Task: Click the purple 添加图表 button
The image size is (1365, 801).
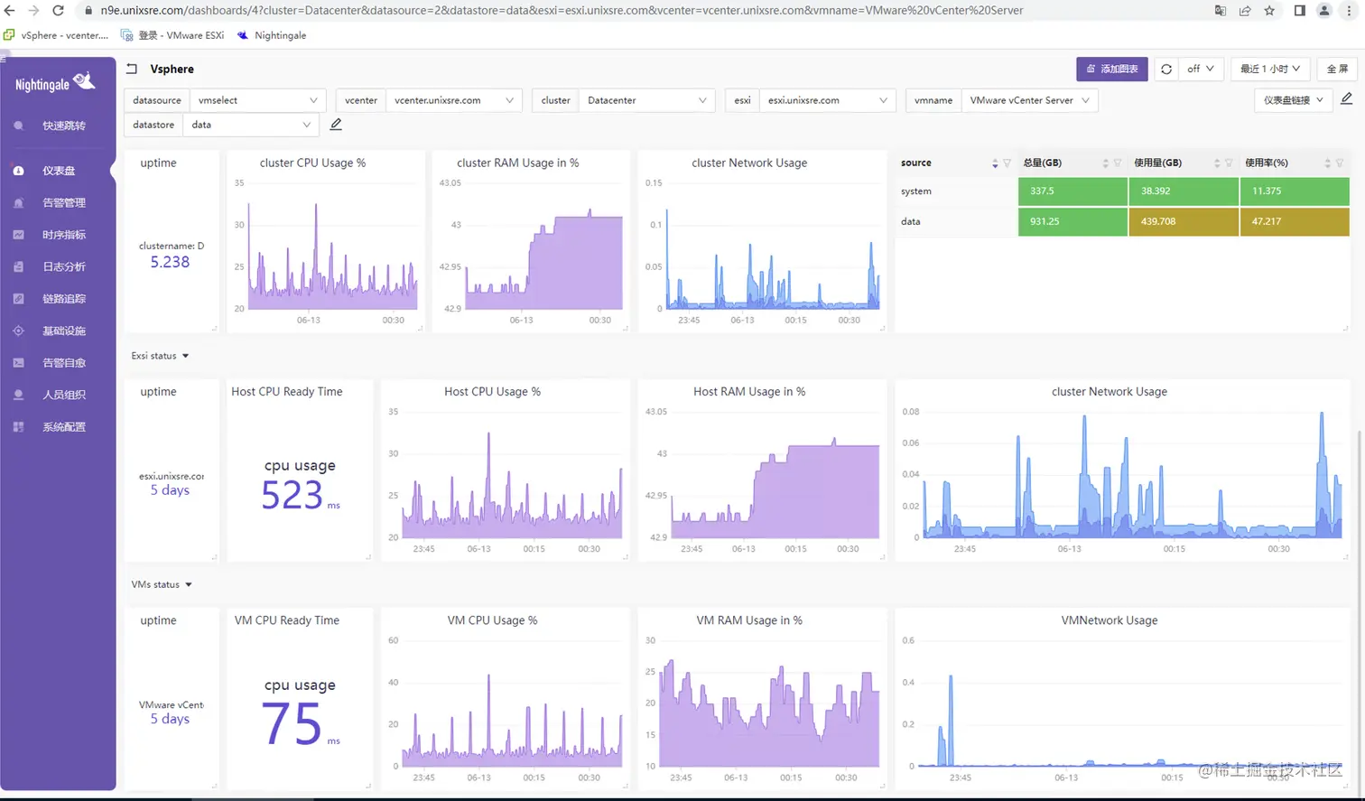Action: [1111, 69]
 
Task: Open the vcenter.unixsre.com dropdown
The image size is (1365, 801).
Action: [454, 100]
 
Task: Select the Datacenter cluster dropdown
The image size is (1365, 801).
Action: [646, 100]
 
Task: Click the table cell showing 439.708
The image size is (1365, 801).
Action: [1183, 221]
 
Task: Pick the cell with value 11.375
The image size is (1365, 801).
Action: [1294, 191]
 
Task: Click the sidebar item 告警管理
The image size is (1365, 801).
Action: [63, 202]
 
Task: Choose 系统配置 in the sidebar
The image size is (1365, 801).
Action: [63, 427]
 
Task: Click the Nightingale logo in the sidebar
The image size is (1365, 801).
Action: [55, 83]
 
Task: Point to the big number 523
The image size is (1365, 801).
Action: [292, 496]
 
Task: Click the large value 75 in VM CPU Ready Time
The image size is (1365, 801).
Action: [292, 724]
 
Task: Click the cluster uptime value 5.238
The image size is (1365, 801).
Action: [170, 262]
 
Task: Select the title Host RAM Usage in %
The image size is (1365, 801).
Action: [748, 392]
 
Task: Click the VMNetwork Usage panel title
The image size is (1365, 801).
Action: [1109, 620]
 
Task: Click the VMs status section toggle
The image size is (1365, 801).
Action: [162, 584]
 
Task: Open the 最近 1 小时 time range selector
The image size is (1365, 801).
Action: [1269, 69]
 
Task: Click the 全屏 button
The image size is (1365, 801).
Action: [1337, 69]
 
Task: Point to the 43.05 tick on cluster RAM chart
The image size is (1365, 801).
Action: [450, 182]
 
